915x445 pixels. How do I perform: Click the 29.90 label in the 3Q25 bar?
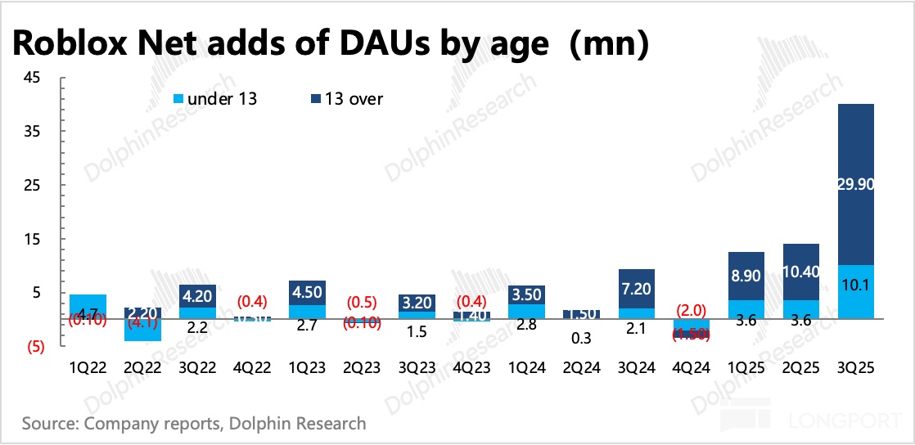pyautogui.click(x=854, y=185)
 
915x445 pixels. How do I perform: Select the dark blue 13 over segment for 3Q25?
pyautogui.click(x=854, y=147)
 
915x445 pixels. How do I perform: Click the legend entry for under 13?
pyautogui.click(x=216, y=99)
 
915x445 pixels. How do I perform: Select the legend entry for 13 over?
pyautogui.click(x=349, y=99)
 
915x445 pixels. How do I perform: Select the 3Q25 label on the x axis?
pyautogui.click(x=855, y=368)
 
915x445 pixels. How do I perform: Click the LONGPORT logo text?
pyautogui.click(x=847, y=423)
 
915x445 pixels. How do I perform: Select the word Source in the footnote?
pyautogui.click(x=49, y=424)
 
